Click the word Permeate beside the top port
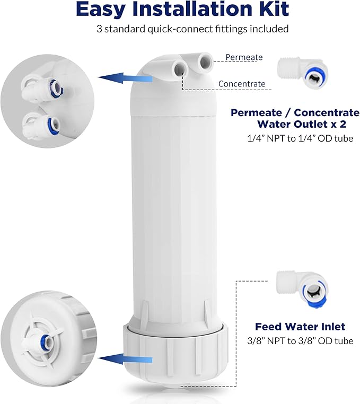tap(244, 57)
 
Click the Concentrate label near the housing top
tap(241, 84)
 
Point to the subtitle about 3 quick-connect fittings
tap(192, 29)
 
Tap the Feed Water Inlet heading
tap(300, 327)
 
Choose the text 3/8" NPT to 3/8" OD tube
tap(300, 341)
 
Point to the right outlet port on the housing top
tap(203, 62)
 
